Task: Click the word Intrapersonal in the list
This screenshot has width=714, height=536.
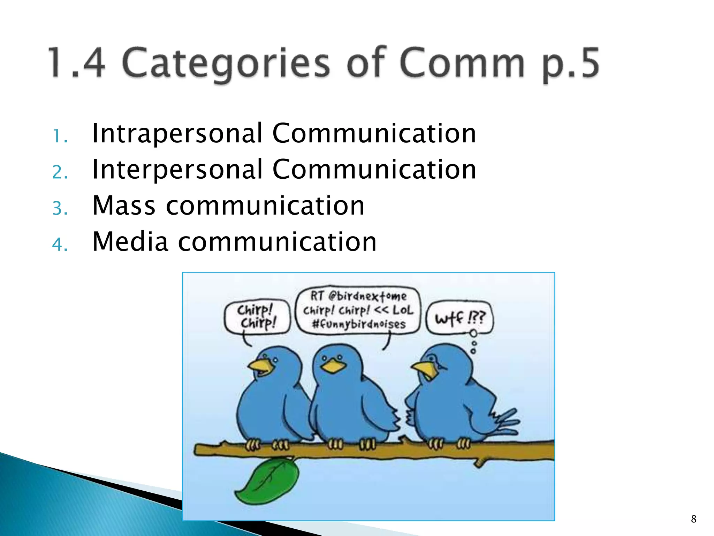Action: pos(177,134)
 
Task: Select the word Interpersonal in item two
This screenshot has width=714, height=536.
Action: pos(177,170)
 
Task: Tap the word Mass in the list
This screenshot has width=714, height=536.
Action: pos(123,206)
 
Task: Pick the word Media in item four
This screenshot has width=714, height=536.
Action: pos(130,242)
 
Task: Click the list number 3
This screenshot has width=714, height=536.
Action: pos(60,209)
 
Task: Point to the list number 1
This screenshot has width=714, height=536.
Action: pos(60,137)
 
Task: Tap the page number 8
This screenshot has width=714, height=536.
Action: pos(693,519)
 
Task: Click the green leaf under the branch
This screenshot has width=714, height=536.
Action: pos(268,482)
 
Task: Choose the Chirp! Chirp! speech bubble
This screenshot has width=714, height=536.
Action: pos(257,317)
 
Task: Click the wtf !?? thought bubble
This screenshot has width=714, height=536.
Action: pos(459,318)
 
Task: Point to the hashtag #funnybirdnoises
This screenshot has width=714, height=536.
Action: pos(359,324)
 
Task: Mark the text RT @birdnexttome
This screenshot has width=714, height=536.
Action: pos(358,296)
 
